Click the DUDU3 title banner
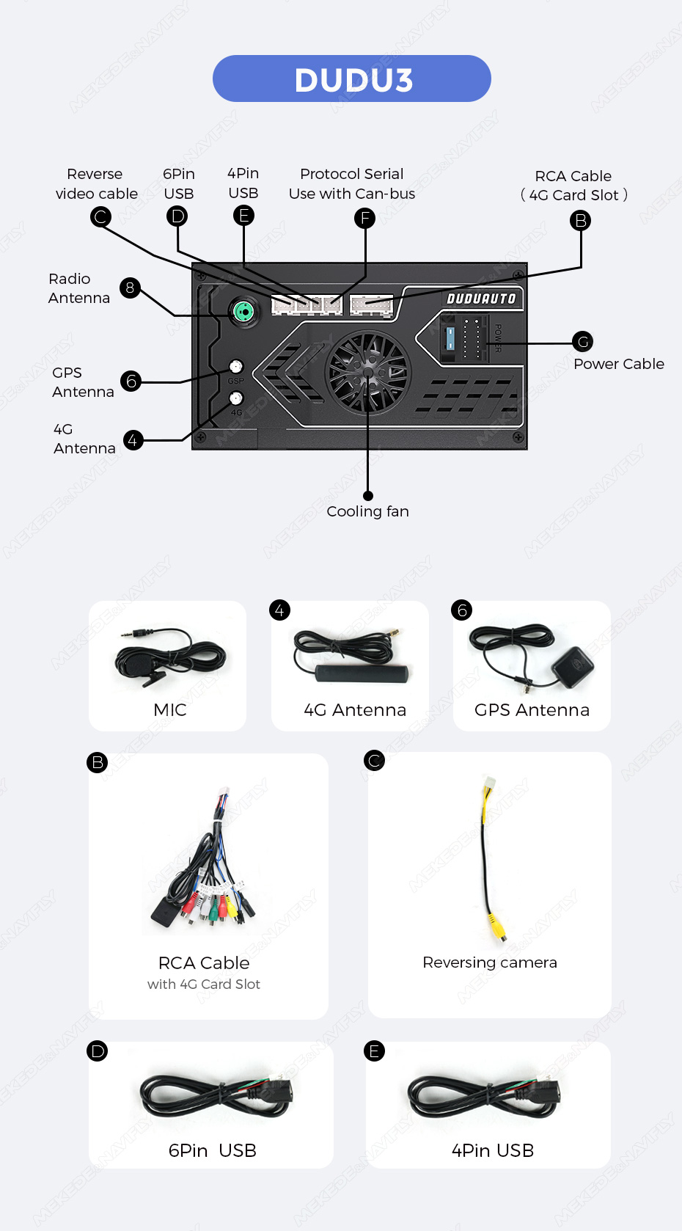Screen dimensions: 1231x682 pos(352,78)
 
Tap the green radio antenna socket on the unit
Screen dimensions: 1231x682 pos(243,313)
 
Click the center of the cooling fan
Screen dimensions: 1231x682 pos(367,372)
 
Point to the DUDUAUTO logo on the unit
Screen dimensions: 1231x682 pos(481,299)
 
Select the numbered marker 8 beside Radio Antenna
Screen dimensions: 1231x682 pos(130,288)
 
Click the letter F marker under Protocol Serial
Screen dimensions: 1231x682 pos(364,218)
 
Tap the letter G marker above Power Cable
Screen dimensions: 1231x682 pos(583,341)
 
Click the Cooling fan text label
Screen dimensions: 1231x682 pos(367,511)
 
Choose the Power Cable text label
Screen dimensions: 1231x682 pos(618,364)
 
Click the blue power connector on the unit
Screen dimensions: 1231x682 pos(450,338)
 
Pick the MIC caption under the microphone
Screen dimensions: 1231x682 pos(169,709)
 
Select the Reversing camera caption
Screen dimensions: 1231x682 pos(489,962)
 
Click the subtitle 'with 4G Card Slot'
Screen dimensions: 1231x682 pos(204,985)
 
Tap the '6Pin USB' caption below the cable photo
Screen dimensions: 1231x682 pos(212,1150)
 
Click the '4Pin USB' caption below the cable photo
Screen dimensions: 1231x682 pos(492,1150)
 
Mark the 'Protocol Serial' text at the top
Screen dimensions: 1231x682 pos(351,174)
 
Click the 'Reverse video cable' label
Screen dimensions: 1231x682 pos(96,183)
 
